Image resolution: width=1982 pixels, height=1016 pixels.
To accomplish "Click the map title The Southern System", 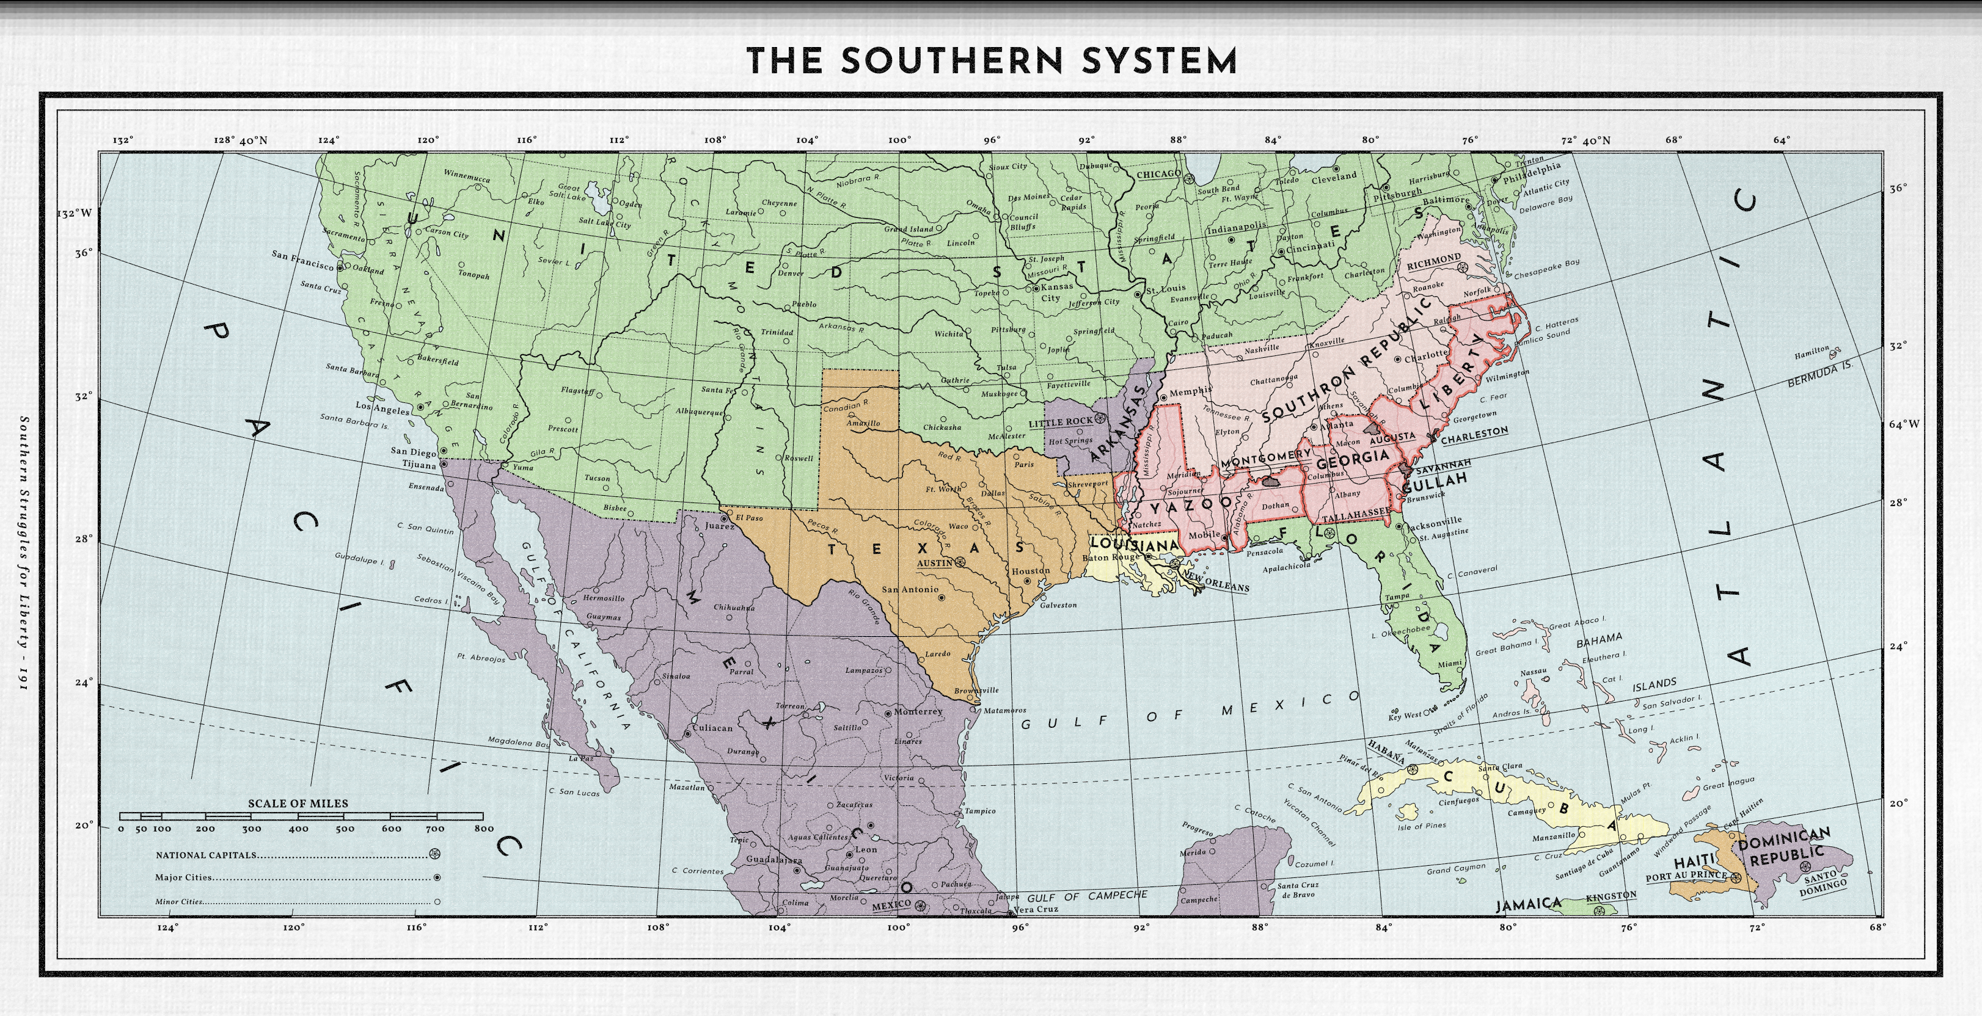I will point(992,61).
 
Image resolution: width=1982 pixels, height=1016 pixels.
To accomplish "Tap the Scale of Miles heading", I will point(298,803).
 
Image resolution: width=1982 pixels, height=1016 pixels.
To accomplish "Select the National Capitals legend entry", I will point(206,854).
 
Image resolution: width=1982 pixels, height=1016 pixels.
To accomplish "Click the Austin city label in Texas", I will point(935,563).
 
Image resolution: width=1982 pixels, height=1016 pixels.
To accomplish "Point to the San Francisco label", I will point(302,259).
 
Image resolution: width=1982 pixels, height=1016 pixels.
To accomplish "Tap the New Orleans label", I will point(1216,581).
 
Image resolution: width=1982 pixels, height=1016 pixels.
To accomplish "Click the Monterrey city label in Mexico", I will point(917,711).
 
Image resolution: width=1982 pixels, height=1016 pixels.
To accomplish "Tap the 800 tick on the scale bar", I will point(483,829).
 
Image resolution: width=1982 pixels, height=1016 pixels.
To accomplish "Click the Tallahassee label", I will point(1356,512).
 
